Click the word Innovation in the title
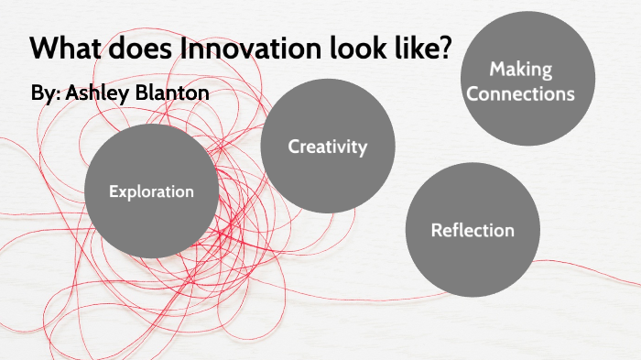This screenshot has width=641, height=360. (x=261, y=49)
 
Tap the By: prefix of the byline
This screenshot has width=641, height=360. (x=43, y=95)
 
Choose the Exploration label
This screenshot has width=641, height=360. (x=151, y=192)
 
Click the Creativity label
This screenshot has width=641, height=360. (x=327, y=147)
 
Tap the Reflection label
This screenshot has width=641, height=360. (x=473, y=230)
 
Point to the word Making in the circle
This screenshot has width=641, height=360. (x=519, y=69)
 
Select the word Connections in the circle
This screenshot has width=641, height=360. (x=520, y=93)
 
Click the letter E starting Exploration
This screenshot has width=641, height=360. (x=113, y=192)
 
